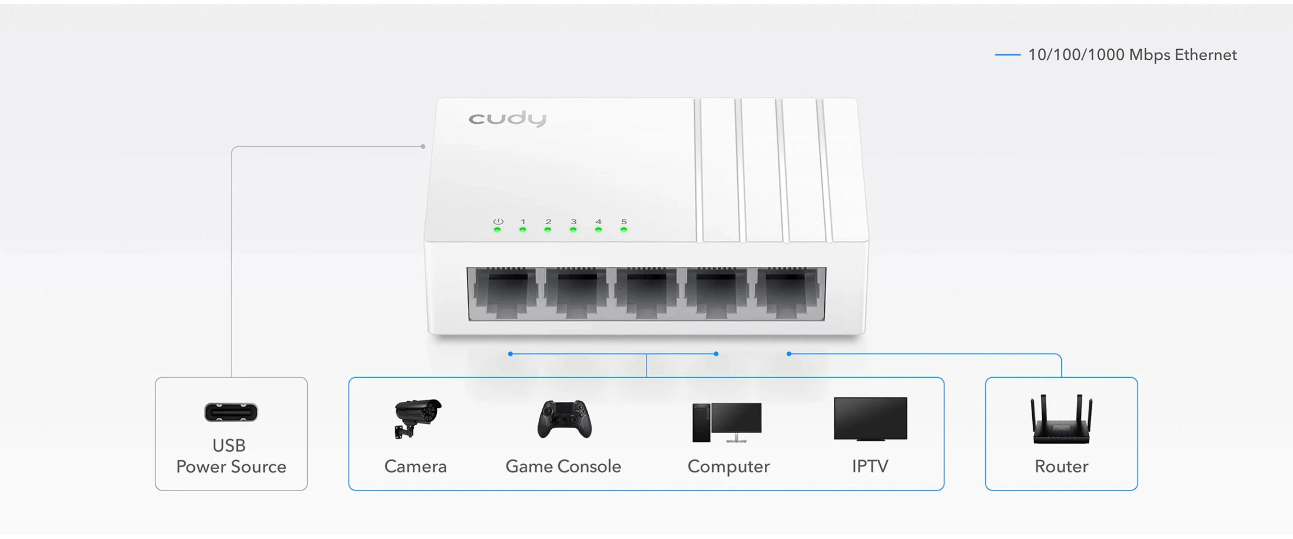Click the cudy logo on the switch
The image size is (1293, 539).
[x=508, y=119]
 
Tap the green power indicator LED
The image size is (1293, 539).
[x=497, y=230]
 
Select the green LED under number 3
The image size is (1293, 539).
[x=573, y=230]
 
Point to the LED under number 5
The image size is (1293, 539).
[x=624, y=230]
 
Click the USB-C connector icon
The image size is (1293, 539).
[x=231, y=413]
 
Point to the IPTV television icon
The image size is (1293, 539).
[x=870, y=419]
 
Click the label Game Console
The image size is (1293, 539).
[x=563, y=466]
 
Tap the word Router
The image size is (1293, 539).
[x=1062, y=466]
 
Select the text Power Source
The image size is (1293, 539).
[x=231, y=467]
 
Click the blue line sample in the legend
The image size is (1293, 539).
[x=1007, y=54]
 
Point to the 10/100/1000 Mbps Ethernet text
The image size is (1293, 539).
[x=1132, y=54]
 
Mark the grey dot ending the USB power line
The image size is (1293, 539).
[x=423, y=147]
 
